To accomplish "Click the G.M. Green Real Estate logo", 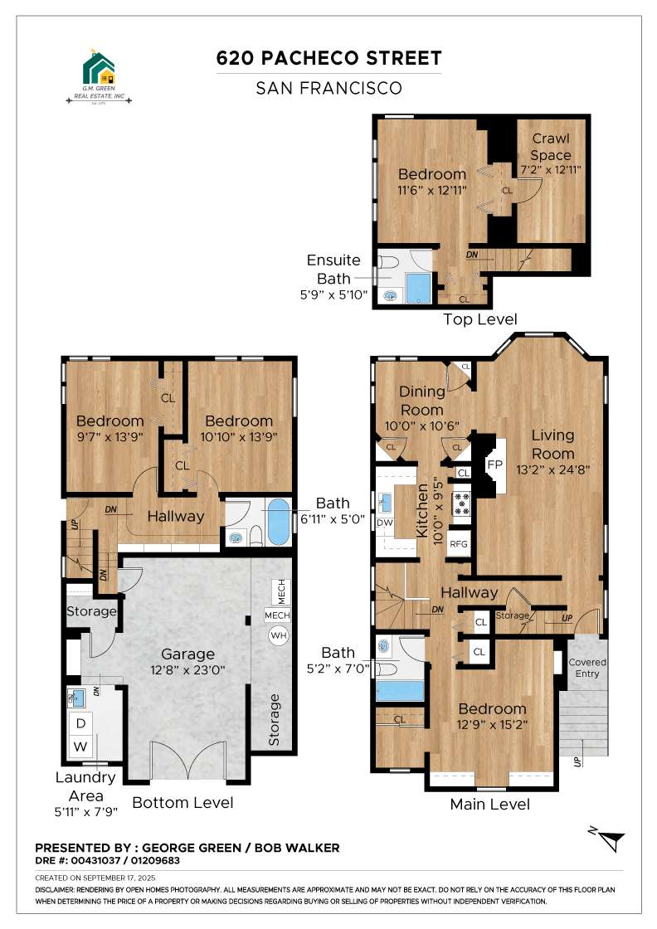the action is click(99, 78).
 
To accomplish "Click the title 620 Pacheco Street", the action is click(328, 58).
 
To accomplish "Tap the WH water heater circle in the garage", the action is click(278, 635).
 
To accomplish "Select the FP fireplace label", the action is click(494, 465).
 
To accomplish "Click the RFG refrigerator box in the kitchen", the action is click(459, 544).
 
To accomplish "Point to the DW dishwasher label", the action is click(384, 523).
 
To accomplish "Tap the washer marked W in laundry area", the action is click(80, 747).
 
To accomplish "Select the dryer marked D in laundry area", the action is click(80, 722).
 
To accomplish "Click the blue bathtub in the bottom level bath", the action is click(279, 522).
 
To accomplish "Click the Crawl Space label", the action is click(551, 146).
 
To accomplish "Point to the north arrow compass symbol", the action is click(607, 839).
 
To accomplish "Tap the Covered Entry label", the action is click(587, 668).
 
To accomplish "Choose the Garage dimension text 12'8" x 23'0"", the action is click(187, 670).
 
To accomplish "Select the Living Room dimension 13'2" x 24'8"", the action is click(552, 470).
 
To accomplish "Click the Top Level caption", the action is click(480, 319).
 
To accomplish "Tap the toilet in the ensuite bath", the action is click(389, 261).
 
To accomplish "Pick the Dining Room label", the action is click(421, 401).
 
